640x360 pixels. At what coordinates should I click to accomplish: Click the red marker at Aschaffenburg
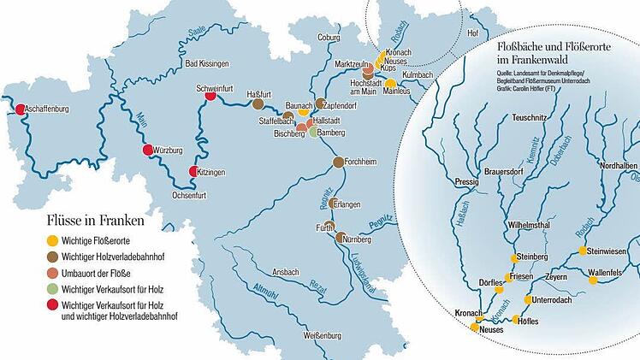pyautogui.click(x=19, y=109)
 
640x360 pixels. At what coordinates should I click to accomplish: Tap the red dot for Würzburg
pyautogui.click(x=147, y=150)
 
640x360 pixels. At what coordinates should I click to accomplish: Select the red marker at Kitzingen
pyautogui.click(x=194, y=172)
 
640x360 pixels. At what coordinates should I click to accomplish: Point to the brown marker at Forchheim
pyautogui.click(x=338, y=162)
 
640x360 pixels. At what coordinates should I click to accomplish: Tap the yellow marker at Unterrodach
pyautogui.click(x=528, y=300)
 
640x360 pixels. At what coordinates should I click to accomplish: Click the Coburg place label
pyautogui.click(x=329, y=38)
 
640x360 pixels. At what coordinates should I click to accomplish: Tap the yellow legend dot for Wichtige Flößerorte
pyautogui.click(x=51, y=240)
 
